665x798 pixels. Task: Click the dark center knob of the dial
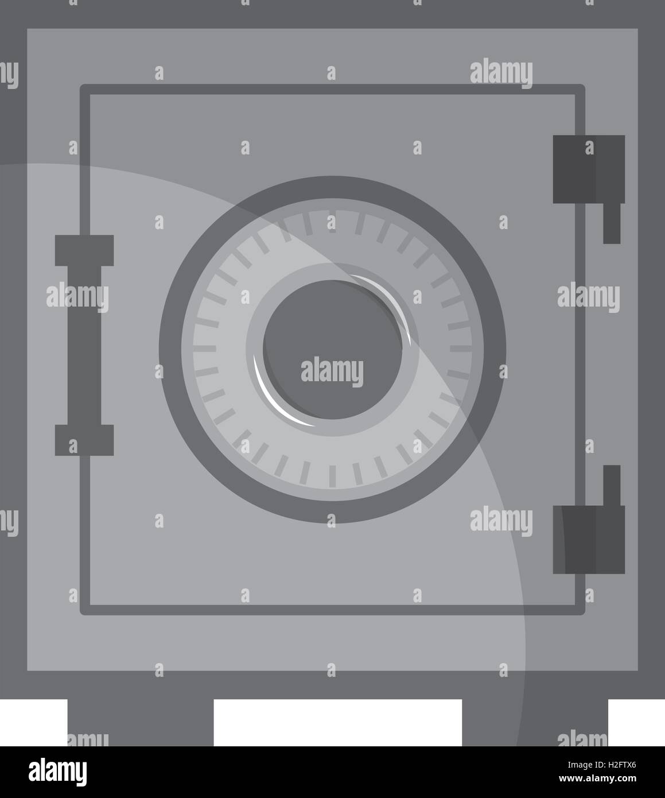(x=332, y=350)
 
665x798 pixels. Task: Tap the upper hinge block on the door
(x=589, y=169)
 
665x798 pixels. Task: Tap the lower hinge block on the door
(x=589, y=540)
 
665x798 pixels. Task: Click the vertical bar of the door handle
(x=84, y=345)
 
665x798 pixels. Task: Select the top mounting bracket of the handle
(x=84, y=250)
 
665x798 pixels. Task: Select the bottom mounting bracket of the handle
(x=84, y=440)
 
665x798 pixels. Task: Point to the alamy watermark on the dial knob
(x=332, y=371)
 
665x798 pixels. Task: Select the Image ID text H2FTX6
(x=601, y=765)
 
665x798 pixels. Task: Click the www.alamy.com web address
(x=597, y=778)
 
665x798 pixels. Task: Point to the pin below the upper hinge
(x=612, y=223)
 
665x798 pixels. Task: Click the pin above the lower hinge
(x=612, y=485)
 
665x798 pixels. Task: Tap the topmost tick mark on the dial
(x=332, y=221)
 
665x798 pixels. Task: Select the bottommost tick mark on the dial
(x=332, y=476)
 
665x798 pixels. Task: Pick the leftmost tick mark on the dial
(x=205, y=348)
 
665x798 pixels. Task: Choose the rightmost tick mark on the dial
(x=461, y=348)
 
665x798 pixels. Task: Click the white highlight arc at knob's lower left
(x=278, y=397)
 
